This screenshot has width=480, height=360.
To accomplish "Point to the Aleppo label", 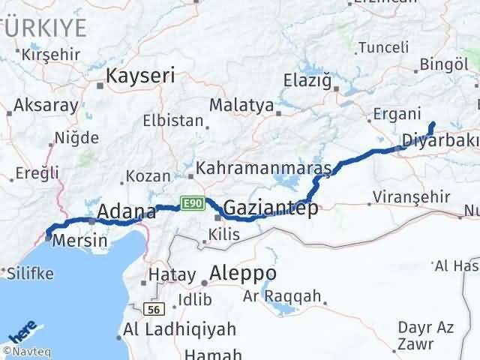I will (243, 272).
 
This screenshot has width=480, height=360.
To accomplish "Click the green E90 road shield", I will (191, 202).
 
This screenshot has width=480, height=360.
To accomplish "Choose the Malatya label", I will (241, 105).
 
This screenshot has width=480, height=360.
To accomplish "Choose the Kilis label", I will (224, 235).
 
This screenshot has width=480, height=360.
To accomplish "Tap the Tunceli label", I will (384, 47).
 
